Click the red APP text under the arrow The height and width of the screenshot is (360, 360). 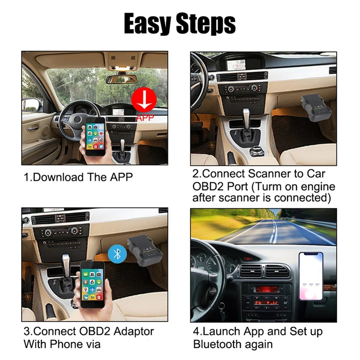click(x=144, y=118)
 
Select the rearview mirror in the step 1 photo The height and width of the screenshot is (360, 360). click(x=121, y=79)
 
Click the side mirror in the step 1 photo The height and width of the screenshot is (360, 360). click(x=31, y=104)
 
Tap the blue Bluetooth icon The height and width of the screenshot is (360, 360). click(x=117, y=254)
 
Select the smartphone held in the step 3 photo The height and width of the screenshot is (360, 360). click(x=92, y=283)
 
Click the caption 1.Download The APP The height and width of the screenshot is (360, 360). click(x=78, y=177)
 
